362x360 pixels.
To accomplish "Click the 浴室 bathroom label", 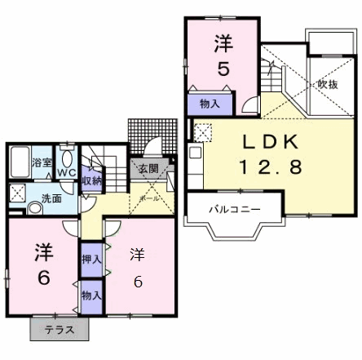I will tap(42, 162).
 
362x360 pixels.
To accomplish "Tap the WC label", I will tap(67, 172).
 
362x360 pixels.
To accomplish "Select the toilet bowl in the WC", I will tap(68, 158).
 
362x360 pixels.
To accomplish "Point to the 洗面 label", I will tap(52, 198).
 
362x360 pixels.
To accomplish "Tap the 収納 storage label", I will tap(91, 180).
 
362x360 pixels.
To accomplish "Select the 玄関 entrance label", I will tap(148, 169).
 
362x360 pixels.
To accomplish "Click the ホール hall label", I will tap(150, 198).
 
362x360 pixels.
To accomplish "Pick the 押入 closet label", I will tap(91, 260).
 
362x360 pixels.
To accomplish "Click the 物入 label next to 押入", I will tap(91, 295).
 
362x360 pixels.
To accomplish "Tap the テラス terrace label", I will tap(60, 330).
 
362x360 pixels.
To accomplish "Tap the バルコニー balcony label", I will tap(234, 209).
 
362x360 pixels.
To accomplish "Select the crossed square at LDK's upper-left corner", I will tap(202, 131).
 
